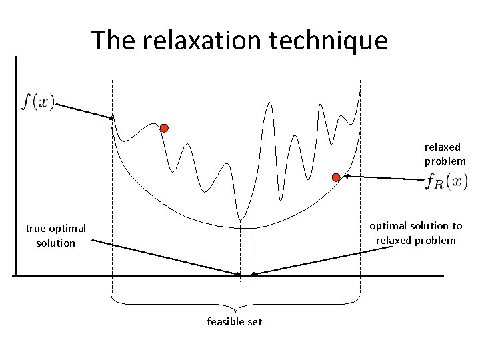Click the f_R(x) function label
(x=447, y=181)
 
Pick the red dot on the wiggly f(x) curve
(x=164, y=127)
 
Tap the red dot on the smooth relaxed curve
(x=336, y=177)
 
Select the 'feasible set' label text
(x=235, y=321)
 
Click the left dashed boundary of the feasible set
(x=112, y=200)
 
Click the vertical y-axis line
(x=14, y=167)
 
